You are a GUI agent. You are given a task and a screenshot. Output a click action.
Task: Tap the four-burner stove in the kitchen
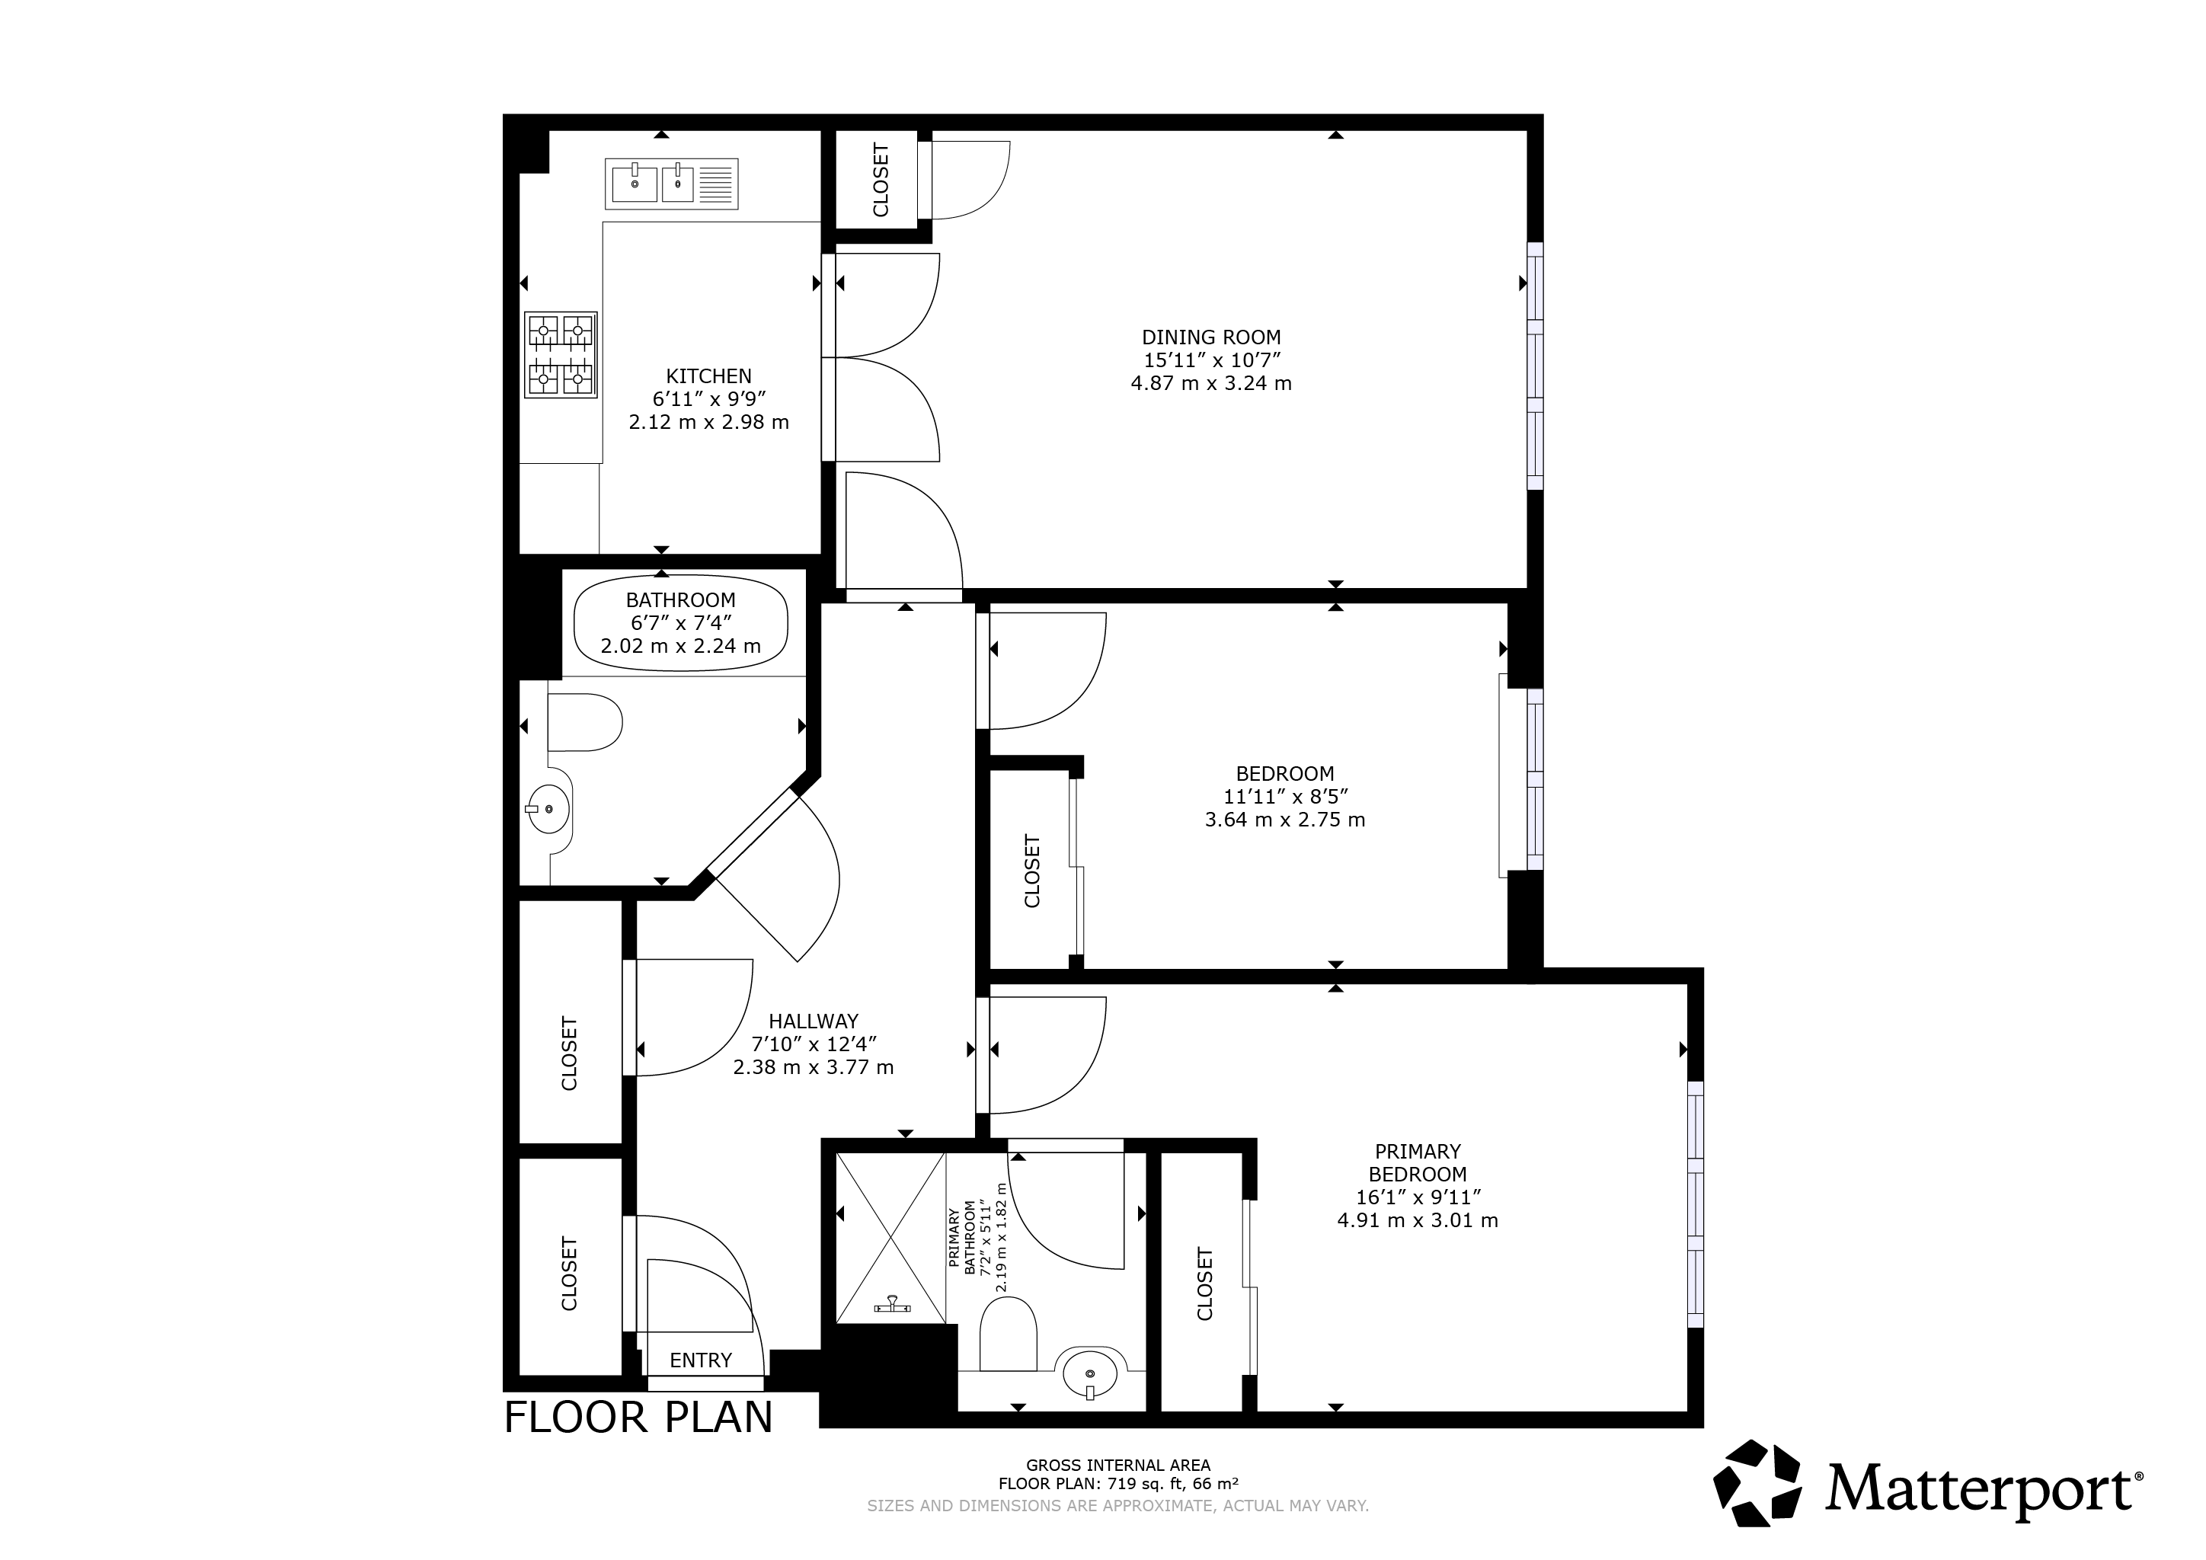click(560, 354)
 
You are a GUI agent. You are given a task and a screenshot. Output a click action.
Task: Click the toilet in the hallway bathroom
click(584, 721)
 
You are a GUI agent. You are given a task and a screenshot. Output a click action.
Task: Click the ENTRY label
click(701, 1360)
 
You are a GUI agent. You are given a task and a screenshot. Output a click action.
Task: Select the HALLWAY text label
click(813, 1021)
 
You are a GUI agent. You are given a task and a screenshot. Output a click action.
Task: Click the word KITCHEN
click(709, 376)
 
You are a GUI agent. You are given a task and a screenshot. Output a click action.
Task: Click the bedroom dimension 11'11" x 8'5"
click(1286, 796)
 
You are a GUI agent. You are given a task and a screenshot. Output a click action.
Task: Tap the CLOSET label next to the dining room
click(880, 180)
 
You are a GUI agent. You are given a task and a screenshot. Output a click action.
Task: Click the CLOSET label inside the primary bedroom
click(1205, 1283)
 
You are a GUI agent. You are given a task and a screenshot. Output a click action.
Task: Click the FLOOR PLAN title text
click(639, 1418)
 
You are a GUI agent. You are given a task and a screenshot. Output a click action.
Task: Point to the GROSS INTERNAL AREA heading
click(1118, 1465)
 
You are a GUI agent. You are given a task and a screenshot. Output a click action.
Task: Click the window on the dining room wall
click(1536, 366)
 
